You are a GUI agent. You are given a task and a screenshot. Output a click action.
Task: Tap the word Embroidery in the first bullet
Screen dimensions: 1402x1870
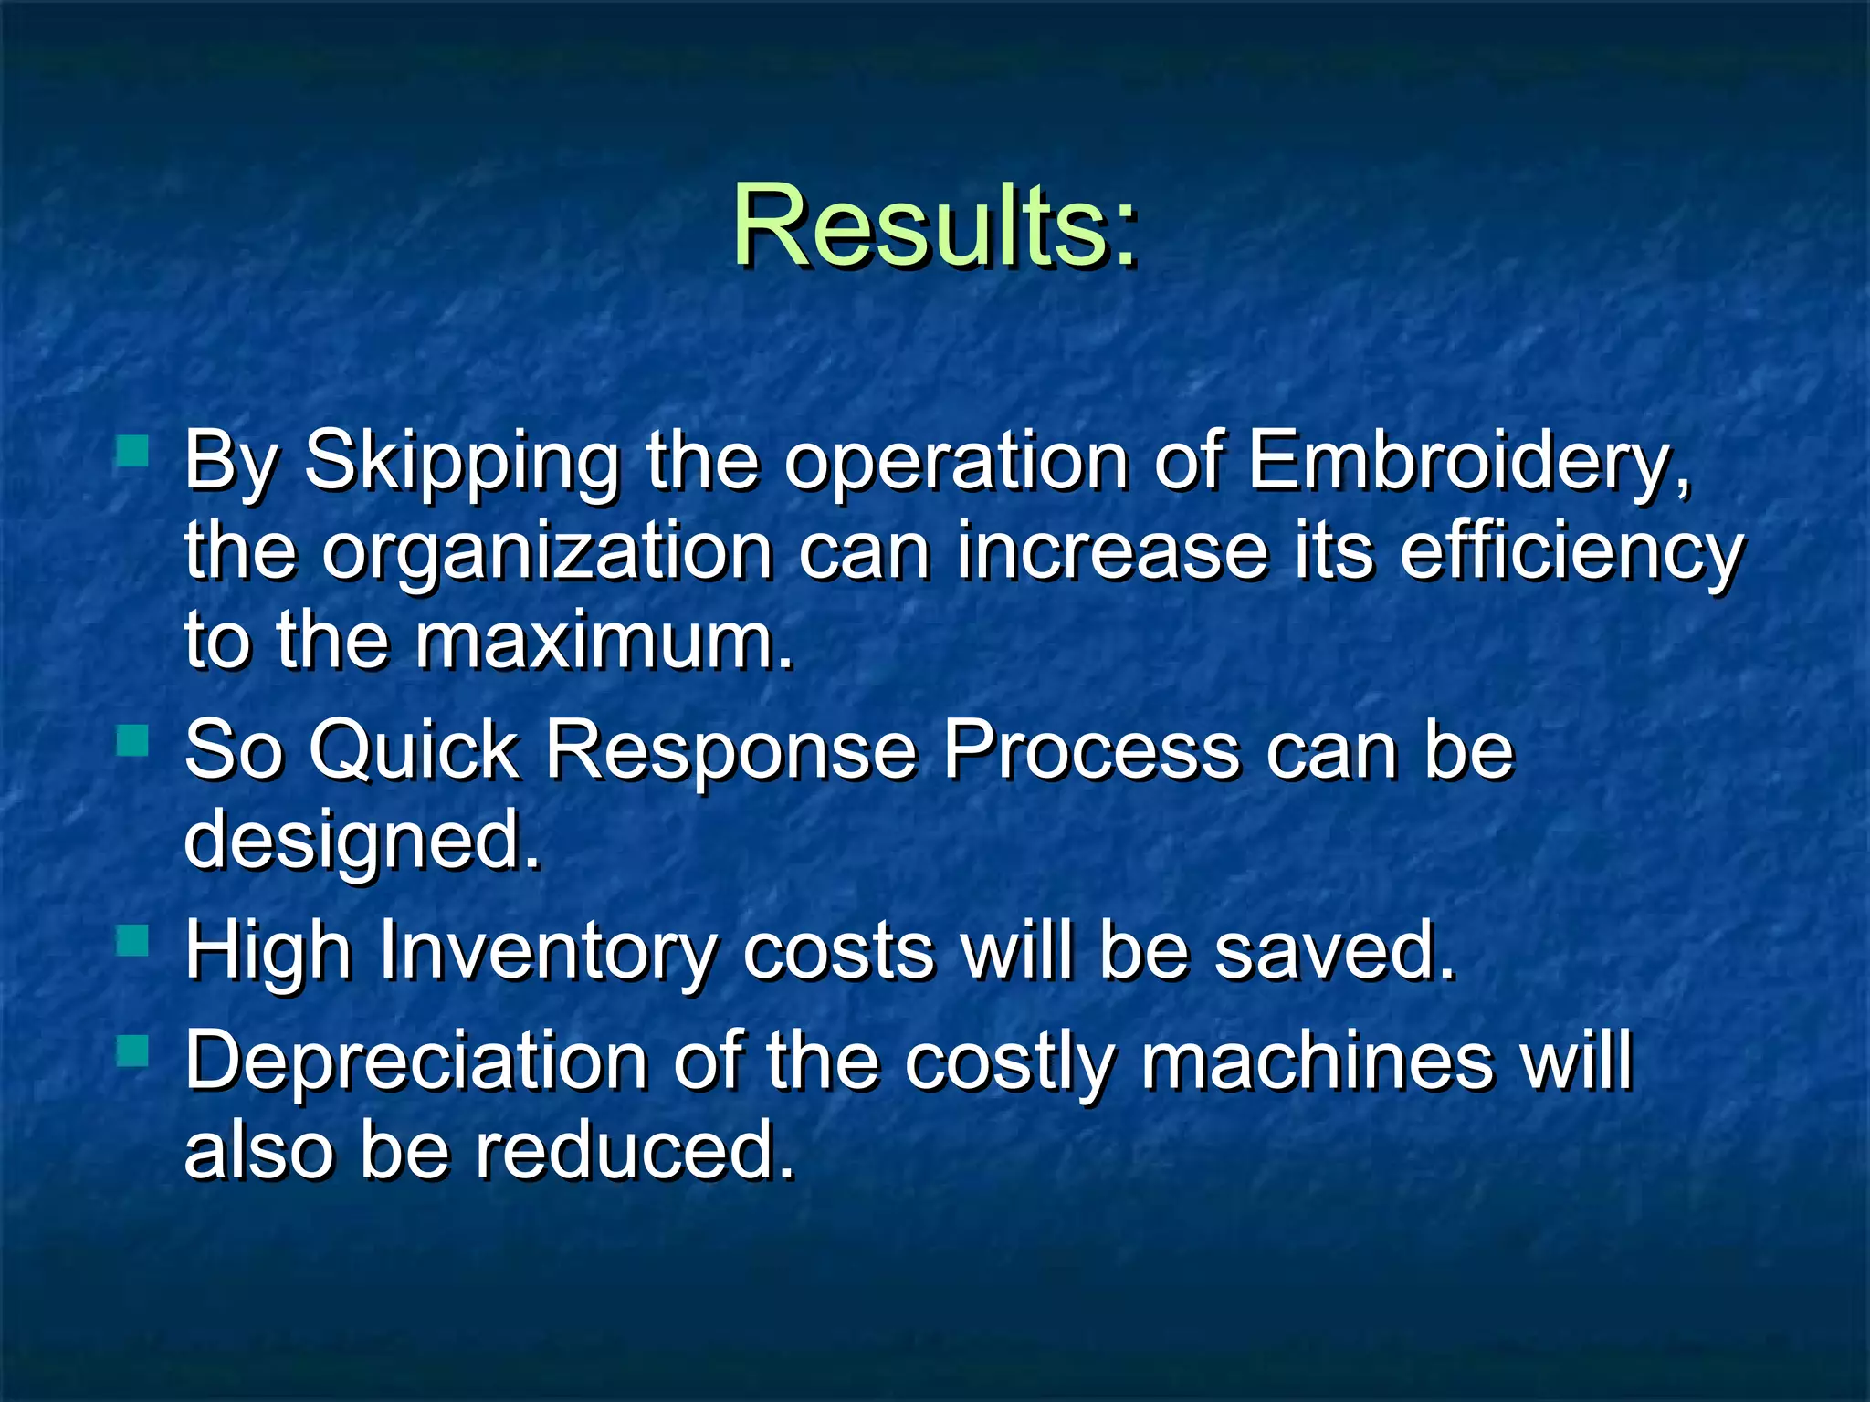point(1467,461)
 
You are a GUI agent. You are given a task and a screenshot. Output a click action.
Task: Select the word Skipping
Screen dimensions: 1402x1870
point(462,461)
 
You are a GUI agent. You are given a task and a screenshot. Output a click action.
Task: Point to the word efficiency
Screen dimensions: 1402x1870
point(1571,552)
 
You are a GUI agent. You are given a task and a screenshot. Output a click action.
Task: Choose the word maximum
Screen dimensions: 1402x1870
point(603,641)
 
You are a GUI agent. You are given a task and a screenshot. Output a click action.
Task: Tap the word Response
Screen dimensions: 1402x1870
point(731,750)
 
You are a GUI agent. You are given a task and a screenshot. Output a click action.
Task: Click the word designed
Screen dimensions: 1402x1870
point(362,840)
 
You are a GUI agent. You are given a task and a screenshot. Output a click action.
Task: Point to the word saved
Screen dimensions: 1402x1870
point(1334,951)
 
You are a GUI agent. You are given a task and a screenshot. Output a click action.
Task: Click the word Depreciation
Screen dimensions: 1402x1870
point(416,1061)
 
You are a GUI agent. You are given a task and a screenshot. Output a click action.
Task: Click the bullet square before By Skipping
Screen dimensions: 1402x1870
point(133,451)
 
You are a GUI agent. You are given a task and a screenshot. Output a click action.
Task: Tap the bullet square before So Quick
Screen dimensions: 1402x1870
point(133,740)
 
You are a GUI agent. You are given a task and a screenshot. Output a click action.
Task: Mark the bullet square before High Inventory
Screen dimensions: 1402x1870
point(133,940)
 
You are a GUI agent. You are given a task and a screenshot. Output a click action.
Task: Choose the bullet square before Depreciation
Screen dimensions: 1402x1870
point(133,1051)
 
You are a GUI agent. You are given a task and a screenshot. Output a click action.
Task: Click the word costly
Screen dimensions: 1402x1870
point(1010,1061)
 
